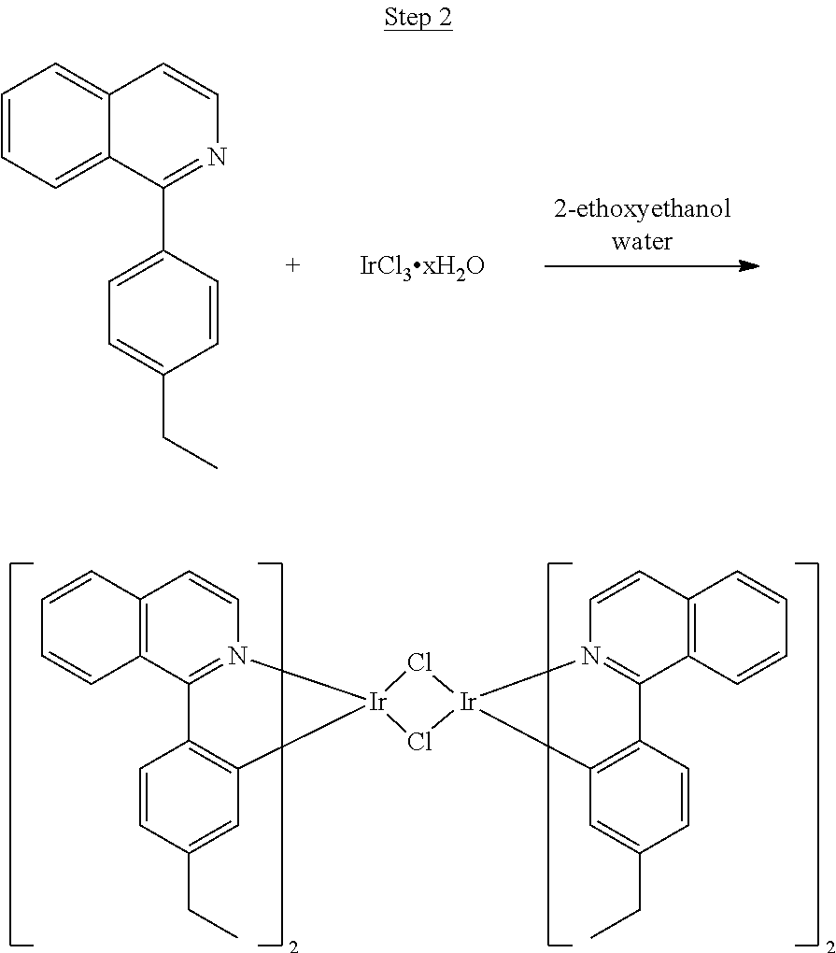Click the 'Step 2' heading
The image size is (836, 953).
[x=418, y=17]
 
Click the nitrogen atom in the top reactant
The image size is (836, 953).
[x=217, y=157]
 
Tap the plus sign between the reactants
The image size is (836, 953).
[x=293, y=265]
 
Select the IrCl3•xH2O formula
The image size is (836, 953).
[x=422, y=266]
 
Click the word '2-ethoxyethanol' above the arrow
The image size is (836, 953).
[x=643, y=210]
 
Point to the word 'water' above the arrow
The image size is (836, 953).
[x=643, y=241]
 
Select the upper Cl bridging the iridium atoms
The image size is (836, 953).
[x=419, y=662]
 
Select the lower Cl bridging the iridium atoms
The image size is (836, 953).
[x=419, y=742]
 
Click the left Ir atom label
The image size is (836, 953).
[x=377, y=703]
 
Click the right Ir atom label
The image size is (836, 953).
[x=467, y=703]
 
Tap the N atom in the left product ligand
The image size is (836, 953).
[x=237, y=656]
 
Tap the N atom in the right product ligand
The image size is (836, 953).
[x=590, y=656]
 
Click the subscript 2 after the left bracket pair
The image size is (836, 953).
[x=293, y=946]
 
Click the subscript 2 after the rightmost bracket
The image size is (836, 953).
[x=829, y=946]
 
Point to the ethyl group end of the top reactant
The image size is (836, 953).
[x=217, y=467]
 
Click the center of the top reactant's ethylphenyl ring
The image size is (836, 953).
[x=163, y=312]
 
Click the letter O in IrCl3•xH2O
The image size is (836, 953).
[x=475, y=265]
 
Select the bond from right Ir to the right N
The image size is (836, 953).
[x=530, y=679]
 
